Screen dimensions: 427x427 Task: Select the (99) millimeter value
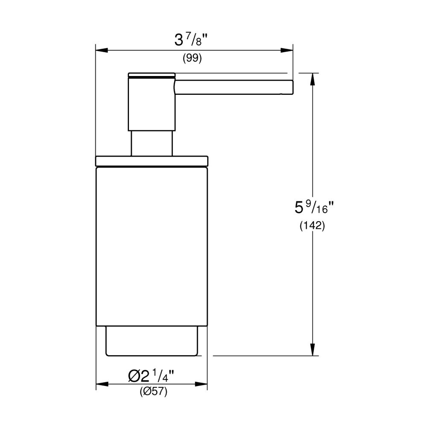point(192,59)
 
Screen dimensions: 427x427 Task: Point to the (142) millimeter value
point(312,226)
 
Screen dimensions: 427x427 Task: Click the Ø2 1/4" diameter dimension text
point(152,376)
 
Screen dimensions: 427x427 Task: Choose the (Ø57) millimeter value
point(153,391)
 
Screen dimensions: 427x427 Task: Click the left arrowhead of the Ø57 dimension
point(101,384)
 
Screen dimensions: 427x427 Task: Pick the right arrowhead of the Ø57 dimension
point(202,384)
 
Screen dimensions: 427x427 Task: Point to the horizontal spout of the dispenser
point(233,87)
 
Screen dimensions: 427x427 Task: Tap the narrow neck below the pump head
point(151,143)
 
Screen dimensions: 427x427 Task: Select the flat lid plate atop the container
point(151,161)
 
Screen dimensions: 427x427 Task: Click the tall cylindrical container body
point(151,246)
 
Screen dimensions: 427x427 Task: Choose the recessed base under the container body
point(151,341)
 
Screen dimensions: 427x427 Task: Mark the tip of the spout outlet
point(291,87)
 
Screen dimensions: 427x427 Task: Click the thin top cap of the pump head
point(151,75)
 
